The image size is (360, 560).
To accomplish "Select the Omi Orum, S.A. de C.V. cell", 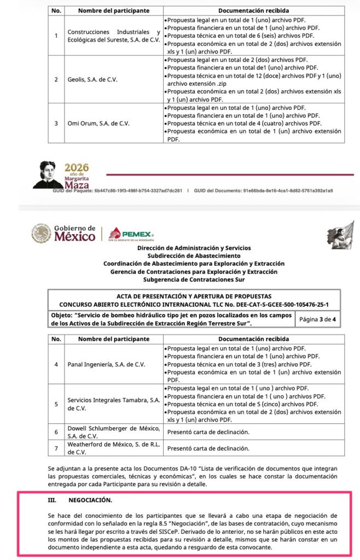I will pyautogui.click(x=98, y=123).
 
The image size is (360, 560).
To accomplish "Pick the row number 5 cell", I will pyautogui.click(x=55, y=404).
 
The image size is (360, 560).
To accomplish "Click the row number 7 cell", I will pyautogui.click(x=55, y=448).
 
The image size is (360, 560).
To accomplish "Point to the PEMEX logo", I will pyautogui.click(x=130, y=234).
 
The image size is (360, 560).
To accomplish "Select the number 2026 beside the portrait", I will pyautogui.click(x=77, y=167).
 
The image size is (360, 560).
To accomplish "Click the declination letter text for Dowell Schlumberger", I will pyautogui.click(x=208, y=431).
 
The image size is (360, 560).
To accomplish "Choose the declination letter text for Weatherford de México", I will pyautogui.click(x=208, y=448).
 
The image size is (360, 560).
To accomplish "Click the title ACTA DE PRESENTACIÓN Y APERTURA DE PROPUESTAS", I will pyautogui.click(x=194, y=296).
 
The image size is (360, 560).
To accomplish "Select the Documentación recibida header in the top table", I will pyautogui.click(x=254, y=10).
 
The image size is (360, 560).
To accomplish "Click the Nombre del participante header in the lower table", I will pyautogui.click(x=113, y=339).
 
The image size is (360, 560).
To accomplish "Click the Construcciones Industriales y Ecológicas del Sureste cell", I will pyautogui.click(x=113, y=36).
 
